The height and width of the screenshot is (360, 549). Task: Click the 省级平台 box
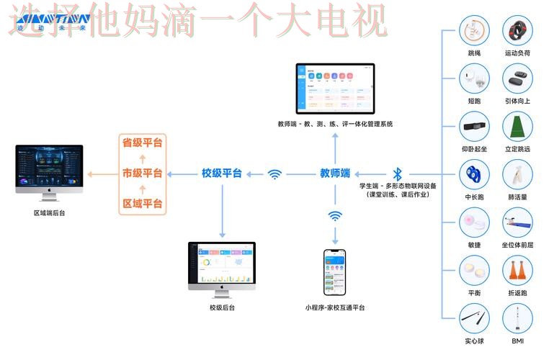coord(142,143)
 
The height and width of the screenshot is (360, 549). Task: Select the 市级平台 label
coord(142,174)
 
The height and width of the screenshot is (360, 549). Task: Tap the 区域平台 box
coord(142,204)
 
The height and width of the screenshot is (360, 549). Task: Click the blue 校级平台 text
coord(221,174)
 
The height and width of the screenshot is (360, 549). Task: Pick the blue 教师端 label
coord(335,174)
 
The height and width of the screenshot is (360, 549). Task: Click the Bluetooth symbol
coord(397,174)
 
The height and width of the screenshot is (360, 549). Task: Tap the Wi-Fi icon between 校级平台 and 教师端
coord(274,174)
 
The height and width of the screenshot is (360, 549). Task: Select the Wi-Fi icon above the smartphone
coord(335,216)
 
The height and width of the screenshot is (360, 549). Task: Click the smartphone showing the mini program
coord(334,272)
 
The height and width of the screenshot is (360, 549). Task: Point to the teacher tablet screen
coord(336,89)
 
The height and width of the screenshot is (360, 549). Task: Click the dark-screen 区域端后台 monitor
coord(49,171)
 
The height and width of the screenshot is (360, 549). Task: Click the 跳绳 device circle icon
coord(474,32)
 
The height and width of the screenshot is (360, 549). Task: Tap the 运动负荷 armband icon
coord(517,32)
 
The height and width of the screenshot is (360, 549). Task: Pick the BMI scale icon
coord(517,319)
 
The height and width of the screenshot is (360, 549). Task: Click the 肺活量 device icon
coord(517,175)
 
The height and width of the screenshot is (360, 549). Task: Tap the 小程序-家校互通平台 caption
coord(334,308)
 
